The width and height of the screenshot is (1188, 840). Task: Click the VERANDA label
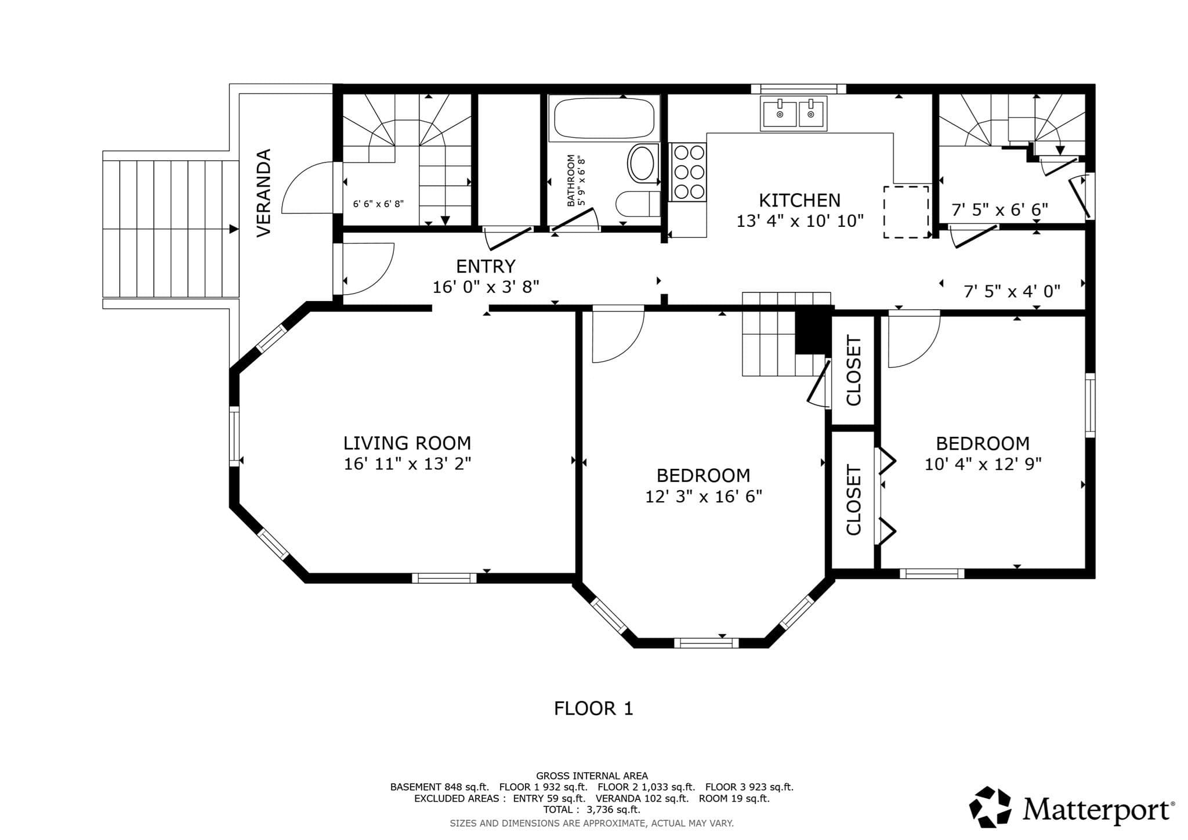[x=264, y=193]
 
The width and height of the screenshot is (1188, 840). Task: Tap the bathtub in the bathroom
[x=604, y=118]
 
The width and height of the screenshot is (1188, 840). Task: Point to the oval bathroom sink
[x=642, y=163]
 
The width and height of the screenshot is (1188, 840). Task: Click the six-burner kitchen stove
[x=689, y=172]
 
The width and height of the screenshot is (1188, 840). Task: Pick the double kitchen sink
[x=794, y=114]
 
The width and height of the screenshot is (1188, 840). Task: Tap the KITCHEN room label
[x=799, y=201]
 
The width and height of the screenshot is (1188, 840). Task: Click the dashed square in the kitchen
[x=906, y=212]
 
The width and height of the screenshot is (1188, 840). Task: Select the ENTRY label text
[x=486, y=266]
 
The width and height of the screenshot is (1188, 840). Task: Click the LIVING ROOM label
[x=407, y=443]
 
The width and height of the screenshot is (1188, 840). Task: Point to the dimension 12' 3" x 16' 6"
[x=704, y=497]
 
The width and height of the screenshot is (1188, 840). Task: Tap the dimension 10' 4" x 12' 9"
[x=983, y=464]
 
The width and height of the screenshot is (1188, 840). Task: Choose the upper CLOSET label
[x=854, y=371]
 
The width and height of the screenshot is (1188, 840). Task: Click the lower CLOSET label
[x=854, y=499]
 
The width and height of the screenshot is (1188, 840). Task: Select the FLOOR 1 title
[x=593, y=708]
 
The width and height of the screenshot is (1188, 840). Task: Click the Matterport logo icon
[x=990, y=806]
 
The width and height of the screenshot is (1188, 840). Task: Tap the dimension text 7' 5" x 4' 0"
[x=1012, y=291]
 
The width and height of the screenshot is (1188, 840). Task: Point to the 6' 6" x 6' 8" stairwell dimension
[x=378, y=204]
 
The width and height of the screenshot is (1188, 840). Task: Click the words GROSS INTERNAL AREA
[x=592, y=776]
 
